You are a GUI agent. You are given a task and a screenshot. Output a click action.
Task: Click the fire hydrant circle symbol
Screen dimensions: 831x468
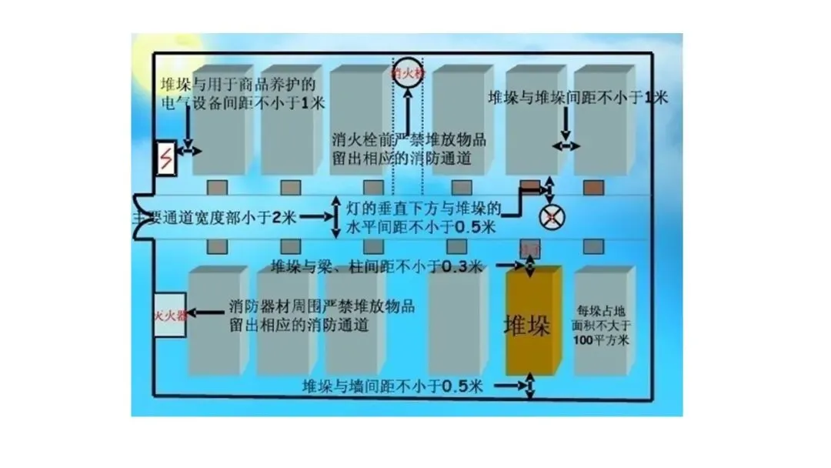pos(408,73)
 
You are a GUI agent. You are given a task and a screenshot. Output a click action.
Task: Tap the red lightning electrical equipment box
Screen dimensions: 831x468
pos(165,160)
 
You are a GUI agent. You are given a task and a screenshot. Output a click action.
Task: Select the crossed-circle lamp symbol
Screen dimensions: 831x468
pos(551,218)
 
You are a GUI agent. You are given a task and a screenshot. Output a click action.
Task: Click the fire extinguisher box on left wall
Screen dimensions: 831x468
pos(170,315)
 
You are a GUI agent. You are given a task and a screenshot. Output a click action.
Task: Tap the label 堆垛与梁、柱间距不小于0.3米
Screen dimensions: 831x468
pos(377,267)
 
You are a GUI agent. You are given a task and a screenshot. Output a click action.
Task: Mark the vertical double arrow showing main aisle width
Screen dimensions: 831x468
pos(335,218)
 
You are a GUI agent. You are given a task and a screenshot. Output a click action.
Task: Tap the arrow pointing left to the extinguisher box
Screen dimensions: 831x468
pos(205,313)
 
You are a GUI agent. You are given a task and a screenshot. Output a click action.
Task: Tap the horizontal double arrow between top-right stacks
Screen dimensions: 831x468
pos(566,145)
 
